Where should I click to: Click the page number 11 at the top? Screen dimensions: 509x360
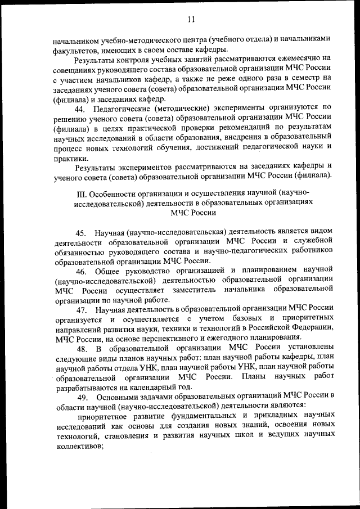(191, 20)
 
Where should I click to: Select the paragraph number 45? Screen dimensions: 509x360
(80, 232)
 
